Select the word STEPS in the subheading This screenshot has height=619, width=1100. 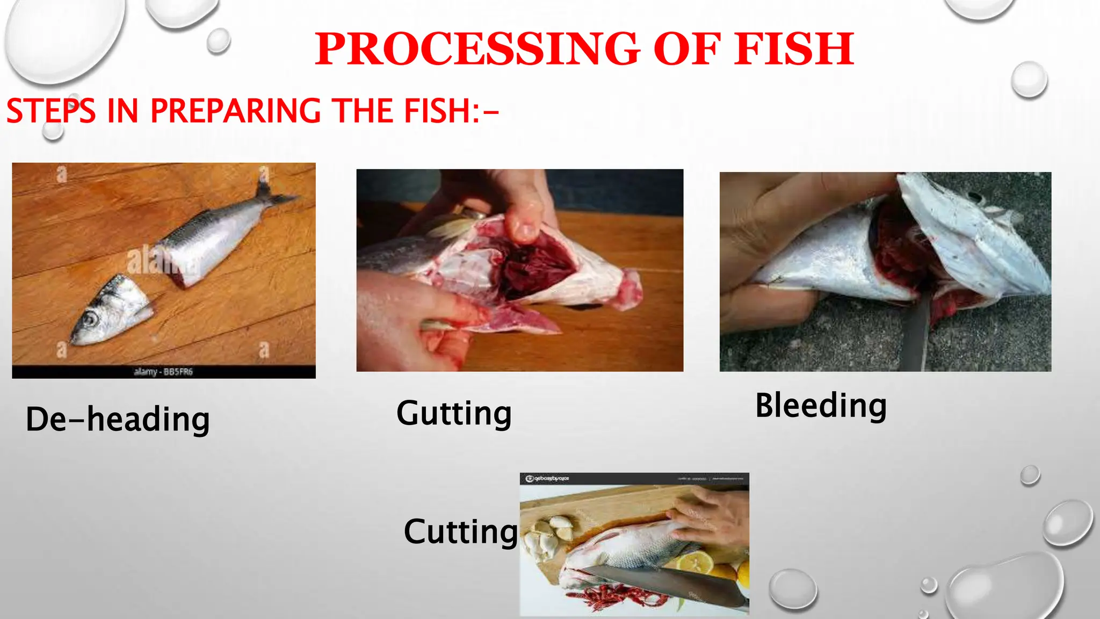pos(51,111)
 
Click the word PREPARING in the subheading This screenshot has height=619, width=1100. pos(235,111)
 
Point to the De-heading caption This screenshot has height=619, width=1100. pos(118,420)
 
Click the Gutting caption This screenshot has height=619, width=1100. pos(454,414)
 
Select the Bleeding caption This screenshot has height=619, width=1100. pos(821,406)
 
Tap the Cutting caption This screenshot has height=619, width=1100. pos(461,532)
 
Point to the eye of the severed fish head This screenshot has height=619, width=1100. pos(90,319)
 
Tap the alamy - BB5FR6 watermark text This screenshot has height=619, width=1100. pos(163,372)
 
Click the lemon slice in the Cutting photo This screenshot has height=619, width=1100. pos(696,563)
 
